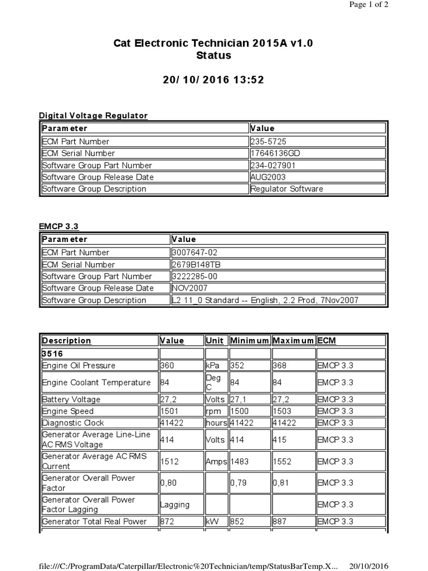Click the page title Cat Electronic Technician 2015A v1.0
tap(213, 43)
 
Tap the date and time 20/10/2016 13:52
tap(213, 80)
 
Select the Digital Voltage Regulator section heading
tap(93, 115)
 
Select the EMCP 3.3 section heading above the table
tap(59, 226)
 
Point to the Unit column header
tap(215, 340)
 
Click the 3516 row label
tap(52, 353)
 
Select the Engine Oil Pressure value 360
tap(167, 365)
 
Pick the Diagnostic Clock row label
tap(73, 423)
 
